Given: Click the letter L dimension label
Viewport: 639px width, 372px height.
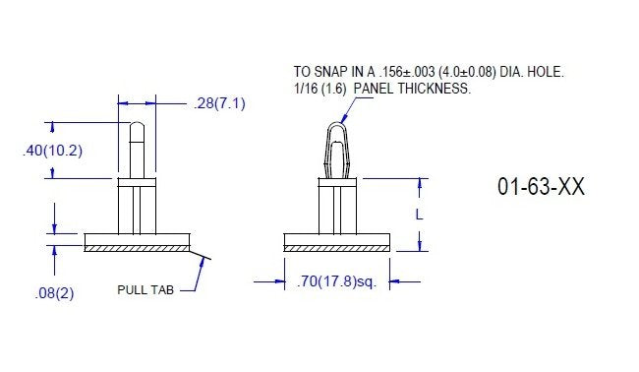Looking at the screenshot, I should [x=420, y=214].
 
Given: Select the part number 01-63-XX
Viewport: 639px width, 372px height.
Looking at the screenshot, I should [x=541, y=188].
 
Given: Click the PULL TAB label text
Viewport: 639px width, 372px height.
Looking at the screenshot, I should [x=145, y=289].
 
